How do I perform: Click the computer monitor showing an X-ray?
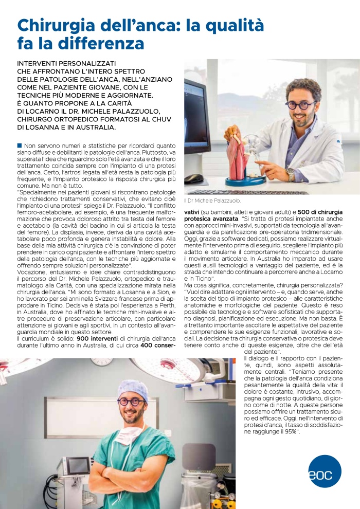tap(197, 123)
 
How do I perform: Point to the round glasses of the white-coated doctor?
tap(301, 104)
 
